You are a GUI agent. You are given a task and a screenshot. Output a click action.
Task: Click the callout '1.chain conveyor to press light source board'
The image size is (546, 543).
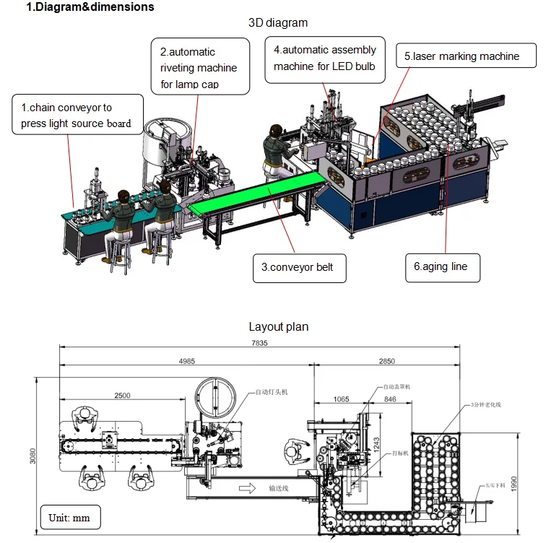tap(76, 115)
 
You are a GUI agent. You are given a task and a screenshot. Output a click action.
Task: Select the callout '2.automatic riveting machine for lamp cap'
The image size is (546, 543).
tap(203, 67)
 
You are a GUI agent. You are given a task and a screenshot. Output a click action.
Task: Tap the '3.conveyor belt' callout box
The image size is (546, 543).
tap(299, 267)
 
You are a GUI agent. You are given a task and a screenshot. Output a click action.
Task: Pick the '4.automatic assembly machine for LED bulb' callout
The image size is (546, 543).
tap(325, 58)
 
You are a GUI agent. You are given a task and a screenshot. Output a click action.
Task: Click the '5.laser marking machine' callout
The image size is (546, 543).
tap(461, 56)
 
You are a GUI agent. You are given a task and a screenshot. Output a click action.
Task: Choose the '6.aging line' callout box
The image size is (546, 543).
tap(441, 266)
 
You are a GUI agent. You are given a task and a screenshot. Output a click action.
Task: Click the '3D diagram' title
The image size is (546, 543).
tap(277, 22)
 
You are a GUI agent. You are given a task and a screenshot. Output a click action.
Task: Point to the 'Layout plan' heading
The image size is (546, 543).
tap(278, 326)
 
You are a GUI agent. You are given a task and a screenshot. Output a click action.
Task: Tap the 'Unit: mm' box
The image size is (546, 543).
tap(69, 518)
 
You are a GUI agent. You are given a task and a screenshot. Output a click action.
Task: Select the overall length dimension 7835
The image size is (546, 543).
tap(258, 343)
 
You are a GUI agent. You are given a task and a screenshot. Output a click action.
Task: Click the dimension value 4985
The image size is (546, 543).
tap(186, 362)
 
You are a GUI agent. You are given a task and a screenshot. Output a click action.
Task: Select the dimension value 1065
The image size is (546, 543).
tap(342, 399)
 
